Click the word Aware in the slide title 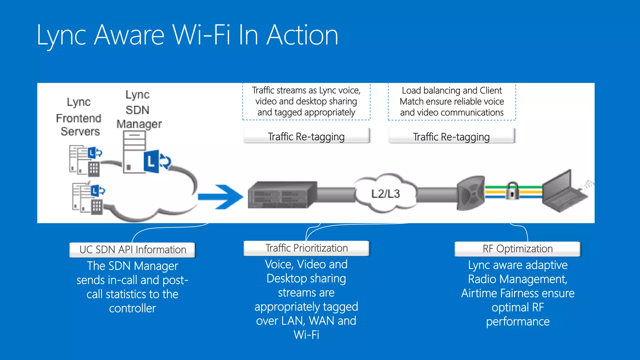click(x=129, y=35)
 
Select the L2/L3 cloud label click(x=385, y=194)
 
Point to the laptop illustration click(x=562, y=192)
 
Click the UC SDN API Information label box click(x=132, y=250)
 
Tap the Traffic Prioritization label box click(x=306, y=248)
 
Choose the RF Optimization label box click(x=517, y=249)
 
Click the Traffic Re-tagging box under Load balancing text click(x=451, y=137)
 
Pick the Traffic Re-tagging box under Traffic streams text click(x=306, y=137)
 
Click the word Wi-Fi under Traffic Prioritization click(x=306, y=335)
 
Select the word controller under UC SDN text click(x=132, y=308)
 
